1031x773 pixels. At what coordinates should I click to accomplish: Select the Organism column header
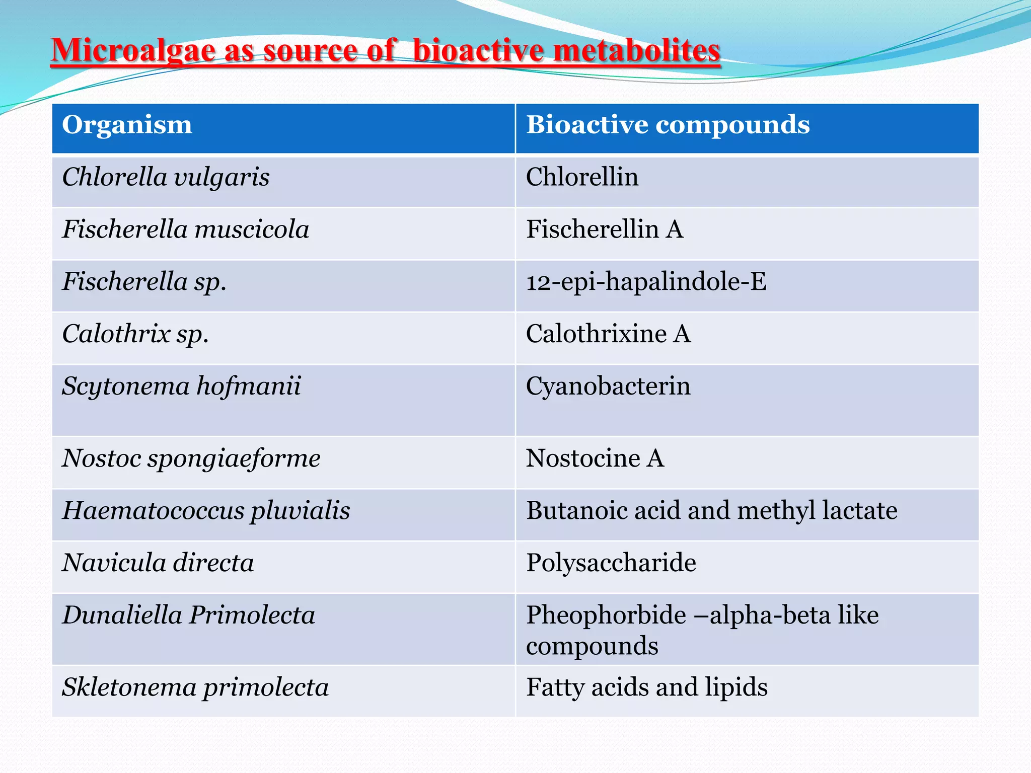pos(127,125)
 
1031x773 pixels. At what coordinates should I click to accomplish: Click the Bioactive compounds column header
pos(668,125)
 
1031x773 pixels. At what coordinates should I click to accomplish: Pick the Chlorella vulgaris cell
pos(166,178)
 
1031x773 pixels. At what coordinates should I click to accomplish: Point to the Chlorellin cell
pos(582,178)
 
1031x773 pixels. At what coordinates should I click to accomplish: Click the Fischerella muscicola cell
pos(185,230)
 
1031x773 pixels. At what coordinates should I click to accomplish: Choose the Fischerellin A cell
pos(604,230)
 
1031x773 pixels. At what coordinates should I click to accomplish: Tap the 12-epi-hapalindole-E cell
pos(646,282)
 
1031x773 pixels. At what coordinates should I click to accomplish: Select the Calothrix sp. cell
pos(135,334)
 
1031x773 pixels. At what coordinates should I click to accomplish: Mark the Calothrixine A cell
pos(608,334)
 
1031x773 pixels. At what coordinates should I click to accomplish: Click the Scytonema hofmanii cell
pos(181,386)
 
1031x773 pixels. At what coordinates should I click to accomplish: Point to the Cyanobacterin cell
pos(608,386)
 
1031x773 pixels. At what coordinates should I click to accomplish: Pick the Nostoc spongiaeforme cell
pos(191,459)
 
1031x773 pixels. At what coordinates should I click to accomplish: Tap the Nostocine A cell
pos(595,459)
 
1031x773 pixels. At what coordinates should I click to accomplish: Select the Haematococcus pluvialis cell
pos(206,511)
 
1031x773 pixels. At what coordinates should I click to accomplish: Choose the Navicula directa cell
pos(158,563)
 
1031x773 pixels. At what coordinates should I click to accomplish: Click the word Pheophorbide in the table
pos(606,615)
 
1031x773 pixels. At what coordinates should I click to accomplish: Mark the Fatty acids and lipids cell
pos(646,688)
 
